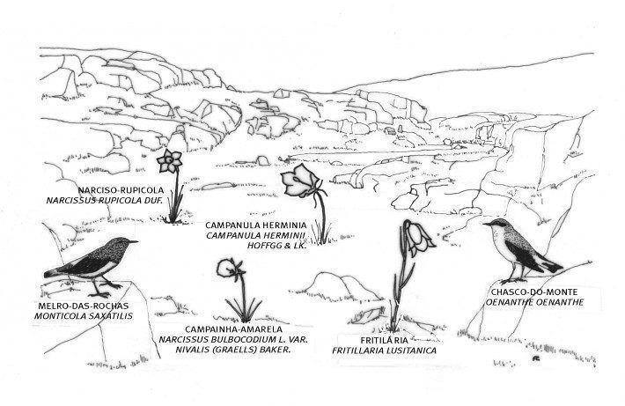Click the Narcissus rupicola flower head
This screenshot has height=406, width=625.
(x=169, y=160)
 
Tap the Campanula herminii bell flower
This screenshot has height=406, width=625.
(x=300, y=181)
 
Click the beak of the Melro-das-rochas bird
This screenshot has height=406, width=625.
(x=134, y=241)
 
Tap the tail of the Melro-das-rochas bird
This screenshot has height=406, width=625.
(x=55, y=273)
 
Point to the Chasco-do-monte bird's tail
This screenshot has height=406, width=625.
(x=552, y=266)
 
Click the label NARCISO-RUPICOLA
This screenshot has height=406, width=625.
(x=121, y=190)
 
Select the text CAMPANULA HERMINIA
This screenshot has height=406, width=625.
(x=256, y=225)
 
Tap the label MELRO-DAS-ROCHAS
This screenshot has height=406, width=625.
(x=84, y=306)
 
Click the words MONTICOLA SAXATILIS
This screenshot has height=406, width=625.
(x=84, y=316)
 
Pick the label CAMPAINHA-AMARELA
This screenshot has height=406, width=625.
(x=233, y=329)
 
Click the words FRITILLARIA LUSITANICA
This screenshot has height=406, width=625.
(x=385, y=351)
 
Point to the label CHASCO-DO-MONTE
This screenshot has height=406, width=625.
(x=534, y=292)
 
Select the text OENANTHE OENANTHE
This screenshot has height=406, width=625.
(x=534, y=302)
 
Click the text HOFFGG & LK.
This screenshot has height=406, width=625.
(x=276, y=246)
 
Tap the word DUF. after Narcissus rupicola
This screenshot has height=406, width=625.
(x=152, y=201)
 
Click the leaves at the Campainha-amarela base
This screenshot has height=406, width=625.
(x=244, y=309)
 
